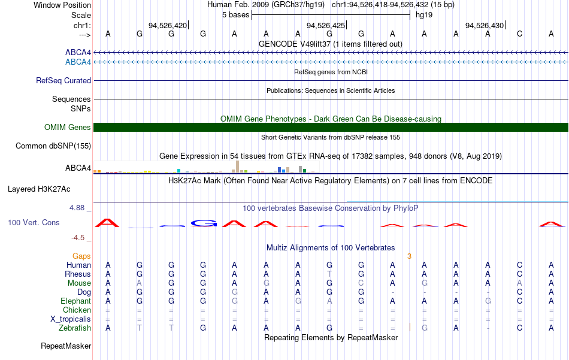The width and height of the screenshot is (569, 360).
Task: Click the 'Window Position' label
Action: click(62, 5)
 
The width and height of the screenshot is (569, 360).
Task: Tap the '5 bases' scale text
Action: click(236, 15)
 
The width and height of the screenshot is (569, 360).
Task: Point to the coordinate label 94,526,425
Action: click(326, 25)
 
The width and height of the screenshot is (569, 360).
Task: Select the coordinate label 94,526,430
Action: click(485, 25)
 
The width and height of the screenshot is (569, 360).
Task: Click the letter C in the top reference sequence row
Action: click(520, 34)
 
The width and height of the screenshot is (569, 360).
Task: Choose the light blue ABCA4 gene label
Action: click(78, 62)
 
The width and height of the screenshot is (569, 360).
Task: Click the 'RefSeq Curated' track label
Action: click(63, 80)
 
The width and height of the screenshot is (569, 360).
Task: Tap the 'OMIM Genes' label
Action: click(68, 127)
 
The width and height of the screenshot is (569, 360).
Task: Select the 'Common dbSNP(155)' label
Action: click(53, 146)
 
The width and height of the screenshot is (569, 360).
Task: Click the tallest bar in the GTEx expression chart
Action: click(237, 167)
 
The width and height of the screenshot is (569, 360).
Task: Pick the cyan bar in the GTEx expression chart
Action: click(179, 171)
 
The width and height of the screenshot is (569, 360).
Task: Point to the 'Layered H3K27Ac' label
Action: click(39, 189)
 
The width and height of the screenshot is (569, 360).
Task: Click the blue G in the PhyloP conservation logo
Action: click(204, 223)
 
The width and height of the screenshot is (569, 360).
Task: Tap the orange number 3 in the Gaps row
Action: click(409, 256)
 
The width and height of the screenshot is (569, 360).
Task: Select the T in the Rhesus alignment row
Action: click(329, 274)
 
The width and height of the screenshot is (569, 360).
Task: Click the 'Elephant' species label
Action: click(76, 301)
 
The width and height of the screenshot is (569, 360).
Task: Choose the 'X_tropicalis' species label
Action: click(71, 319)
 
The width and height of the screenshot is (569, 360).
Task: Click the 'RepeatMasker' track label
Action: click(66, 346)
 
